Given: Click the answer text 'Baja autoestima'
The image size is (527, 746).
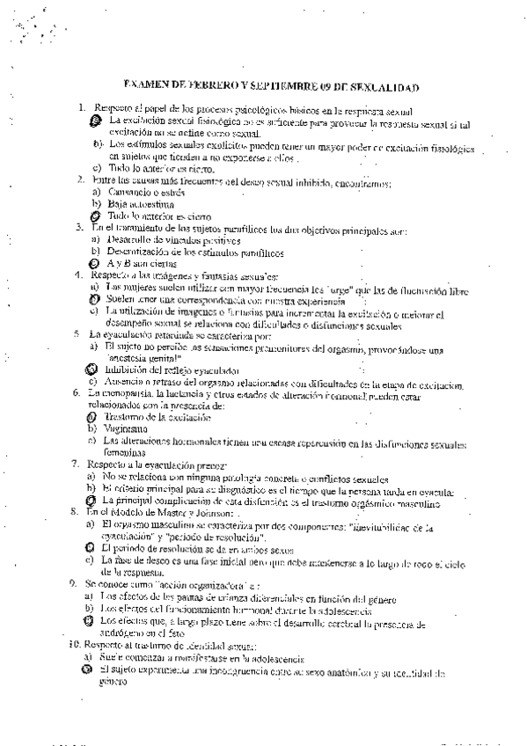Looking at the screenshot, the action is (137, 203).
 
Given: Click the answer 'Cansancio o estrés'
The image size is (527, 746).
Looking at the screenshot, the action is (145, 191).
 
